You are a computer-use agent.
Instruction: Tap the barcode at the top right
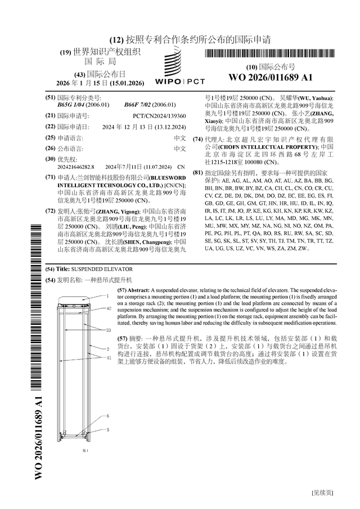[x=271, y=54]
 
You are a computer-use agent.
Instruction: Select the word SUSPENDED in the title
[x=92, y=269]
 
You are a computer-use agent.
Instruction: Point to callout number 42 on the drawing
[x=109, y=309]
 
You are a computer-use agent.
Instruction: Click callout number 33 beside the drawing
[x=109, y=331]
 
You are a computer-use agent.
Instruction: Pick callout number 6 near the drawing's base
[x=109, y=416]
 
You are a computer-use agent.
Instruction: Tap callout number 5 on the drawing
[x=109, y=430]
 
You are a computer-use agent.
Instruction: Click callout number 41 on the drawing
[x=109, y=357]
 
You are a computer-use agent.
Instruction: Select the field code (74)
[x=197, y=139]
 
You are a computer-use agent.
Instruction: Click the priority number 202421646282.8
[x=76, y=167]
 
